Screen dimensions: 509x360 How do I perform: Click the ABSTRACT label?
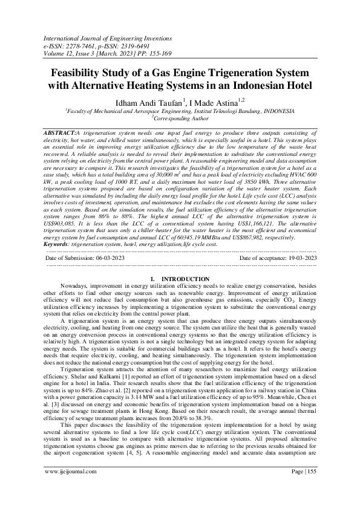pyautogui.click(x=61, y=132)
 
